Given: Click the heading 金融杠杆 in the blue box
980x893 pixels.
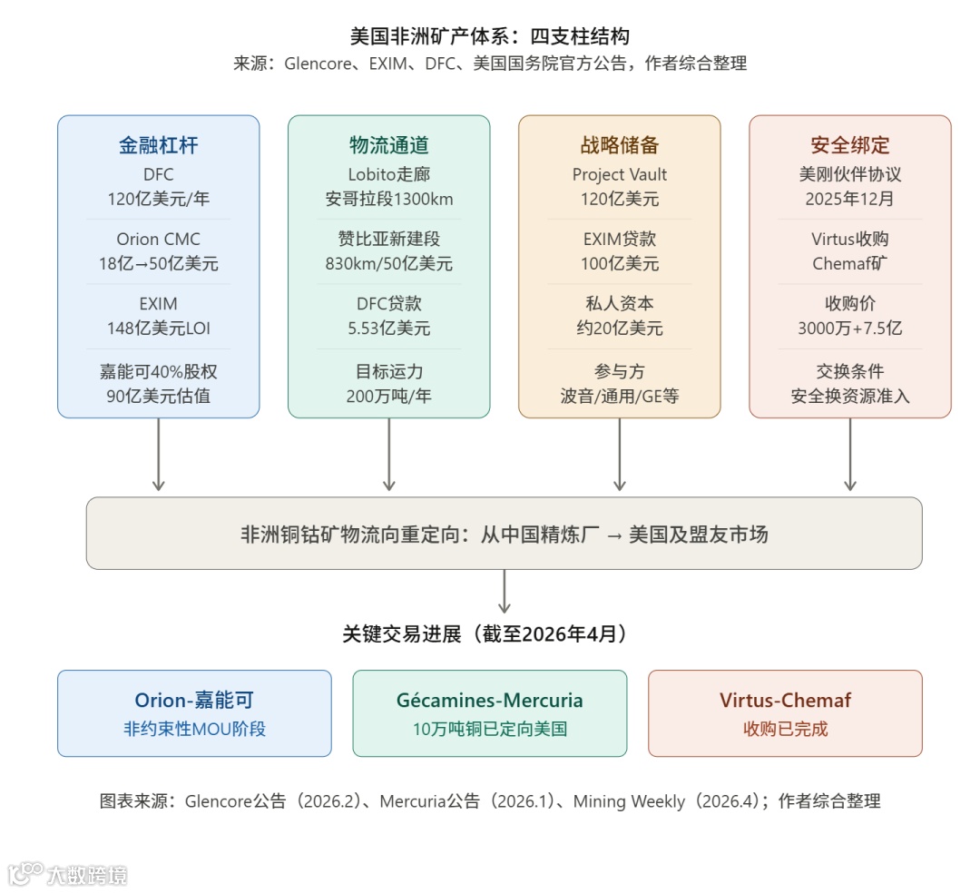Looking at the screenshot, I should point(159,145).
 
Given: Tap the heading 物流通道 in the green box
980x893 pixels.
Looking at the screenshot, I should point(388,145).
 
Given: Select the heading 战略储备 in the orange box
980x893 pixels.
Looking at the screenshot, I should point(619,145).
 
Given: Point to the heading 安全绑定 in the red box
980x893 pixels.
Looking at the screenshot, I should point(849,145).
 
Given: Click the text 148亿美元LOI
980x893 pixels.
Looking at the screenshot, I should point(159,329).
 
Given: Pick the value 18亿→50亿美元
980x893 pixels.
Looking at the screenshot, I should point(159,264).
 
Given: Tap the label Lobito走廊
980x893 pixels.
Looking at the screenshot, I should point(388,174).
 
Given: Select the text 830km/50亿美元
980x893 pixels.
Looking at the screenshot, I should point(388,264).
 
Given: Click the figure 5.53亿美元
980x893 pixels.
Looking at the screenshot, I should point(388,329).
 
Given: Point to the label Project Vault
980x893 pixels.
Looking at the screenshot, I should point(619,174).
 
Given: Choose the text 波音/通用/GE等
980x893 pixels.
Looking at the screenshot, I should point(619,397).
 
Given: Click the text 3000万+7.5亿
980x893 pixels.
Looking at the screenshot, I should point(849,329).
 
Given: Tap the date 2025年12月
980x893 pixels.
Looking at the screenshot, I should point(849,199).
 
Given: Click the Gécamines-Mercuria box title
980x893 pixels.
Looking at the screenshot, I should point(490,701).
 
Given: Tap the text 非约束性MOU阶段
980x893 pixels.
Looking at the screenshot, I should point(194,729).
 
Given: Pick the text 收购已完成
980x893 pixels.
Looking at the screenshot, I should point(785,729).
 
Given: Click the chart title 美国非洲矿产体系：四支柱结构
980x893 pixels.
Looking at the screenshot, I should point(490,36).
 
